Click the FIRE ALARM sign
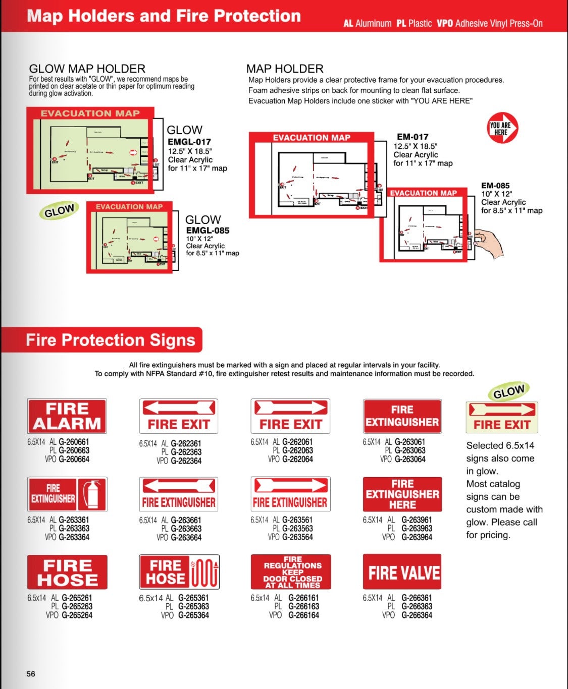click(67, 416)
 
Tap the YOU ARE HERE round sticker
click(502, 128)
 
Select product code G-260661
click(74, 442)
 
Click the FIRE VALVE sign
click(402, 572)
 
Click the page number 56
click(31, 674)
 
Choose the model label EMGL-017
click(189, 142)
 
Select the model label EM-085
click(495, 186)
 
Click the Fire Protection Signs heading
click(111, 340)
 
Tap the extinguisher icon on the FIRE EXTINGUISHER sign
click(92, 494)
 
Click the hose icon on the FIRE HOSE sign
click(204, 572)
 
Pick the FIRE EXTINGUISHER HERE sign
click(402, 494)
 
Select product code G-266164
click(303, 615)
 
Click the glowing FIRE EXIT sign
click(501, 417)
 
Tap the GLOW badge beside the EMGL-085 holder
click(59, 211)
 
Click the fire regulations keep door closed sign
click(291, 572)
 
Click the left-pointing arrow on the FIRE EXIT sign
click(178, 408)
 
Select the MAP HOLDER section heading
click(285, 69)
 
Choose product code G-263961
click(417, 520)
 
